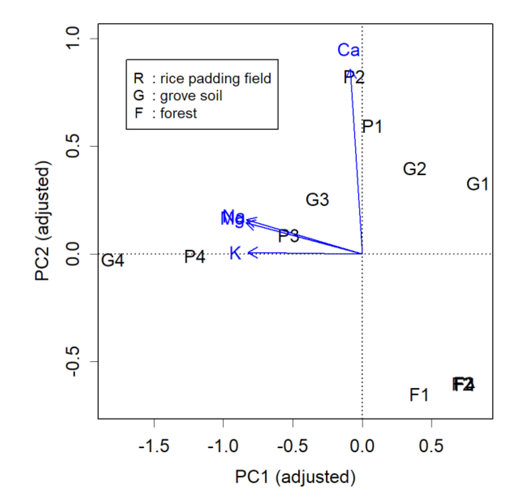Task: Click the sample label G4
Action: [x=112, y=260]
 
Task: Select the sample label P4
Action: [x=195, y=257]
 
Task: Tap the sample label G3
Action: [x=317, y=200]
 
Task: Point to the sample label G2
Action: [x=414, y=169]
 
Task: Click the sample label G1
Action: [x=477, y=184]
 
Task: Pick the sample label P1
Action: [x=372, y=127]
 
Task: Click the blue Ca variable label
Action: [x=348, y=50]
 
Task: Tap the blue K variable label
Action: [x=235, y=253]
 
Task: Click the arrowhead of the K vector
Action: [x=249, y=253]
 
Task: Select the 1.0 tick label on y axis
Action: [x=72, y=38]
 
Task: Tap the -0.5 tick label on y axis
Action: [x=72, y=361]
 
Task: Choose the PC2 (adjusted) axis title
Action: [x=42, y=221]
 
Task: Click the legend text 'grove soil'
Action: [x=191, y=96]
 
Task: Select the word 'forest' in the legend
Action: [x=178, y=113]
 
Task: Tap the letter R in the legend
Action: [x=139, y=78]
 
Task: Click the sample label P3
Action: [x=288, y=236]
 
